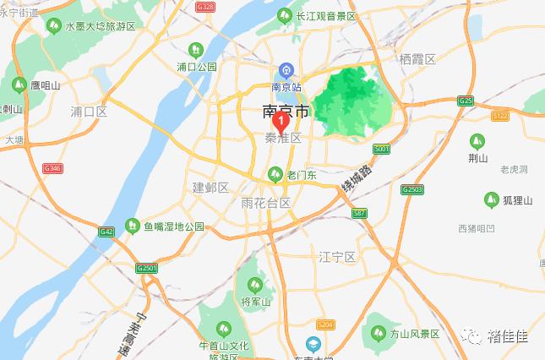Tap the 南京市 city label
click(x=286, y=111)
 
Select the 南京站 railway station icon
click(x=287, y=71)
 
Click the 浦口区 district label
click(x=89, y=111)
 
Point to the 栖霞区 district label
click(x=417, y=59)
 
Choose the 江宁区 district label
click(x=339, y=255)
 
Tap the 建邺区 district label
click(x=210, y=187)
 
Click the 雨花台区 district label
click(x=265, y=204)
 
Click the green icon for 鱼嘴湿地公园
click(x=133, y=226)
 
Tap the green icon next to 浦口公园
click(x=196, y=50)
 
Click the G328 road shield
click(x=205, y=6)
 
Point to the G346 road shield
click(x=52, y=169)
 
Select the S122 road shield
click(x=500, y=115)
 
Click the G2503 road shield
click(x=411, y=188)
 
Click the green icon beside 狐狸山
click(x=491, y=199)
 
